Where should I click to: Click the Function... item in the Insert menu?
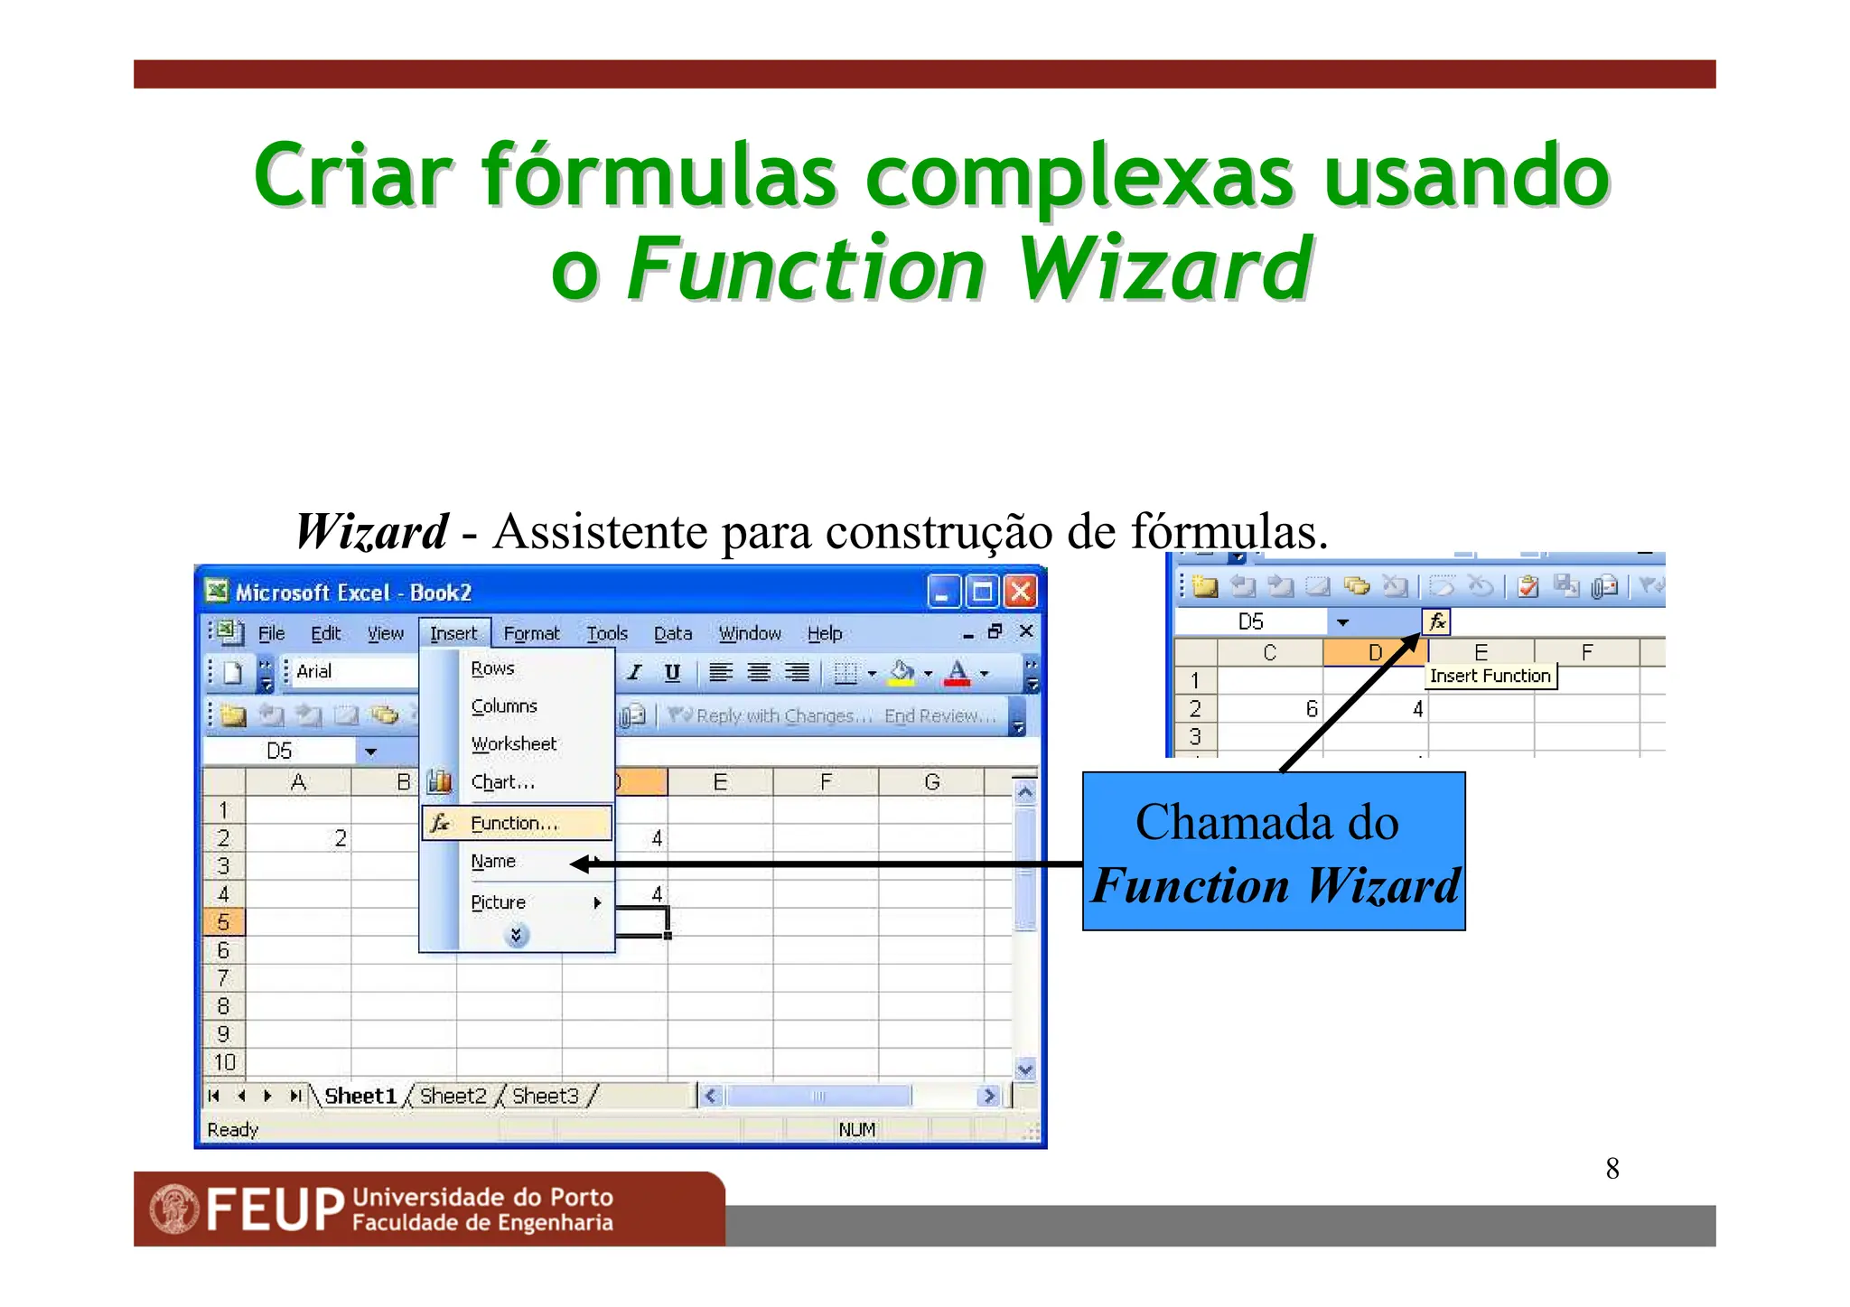click(515, 823)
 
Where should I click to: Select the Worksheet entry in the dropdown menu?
click(513, 743)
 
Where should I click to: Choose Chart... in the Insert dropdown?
click(502, 782)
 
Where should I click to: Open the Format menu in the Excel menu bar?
click(531, 633)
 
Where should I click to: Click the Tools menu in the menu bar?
click(607, 633)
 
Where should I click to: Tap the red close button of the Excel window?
click(1021, 593)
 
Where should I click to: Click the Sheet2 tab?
click(453, 1096)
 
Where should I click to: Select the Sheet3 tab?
click(545, 1096)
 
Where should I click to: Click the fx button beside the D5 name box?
click(1436, 621)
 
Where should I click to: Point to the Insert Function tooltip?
click(1490, 676)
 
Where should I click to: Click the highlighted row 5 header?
click(223, 922)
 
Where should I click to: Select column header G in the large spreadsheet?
click(931, 782)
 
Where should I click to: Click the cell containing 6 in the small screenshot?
click(1270, 709)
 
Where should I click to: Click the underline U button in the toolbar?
click(672, 672)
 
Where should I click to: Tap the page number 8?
click(1612, 1169)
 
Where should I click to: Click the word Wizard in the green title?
click(1165, 268)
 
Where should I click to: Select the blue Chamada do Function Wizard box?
click(1274, 851)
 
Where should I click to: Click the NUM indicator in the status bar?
click(856, 1130)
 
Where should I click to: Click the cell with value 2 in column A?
click(298, 838)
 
